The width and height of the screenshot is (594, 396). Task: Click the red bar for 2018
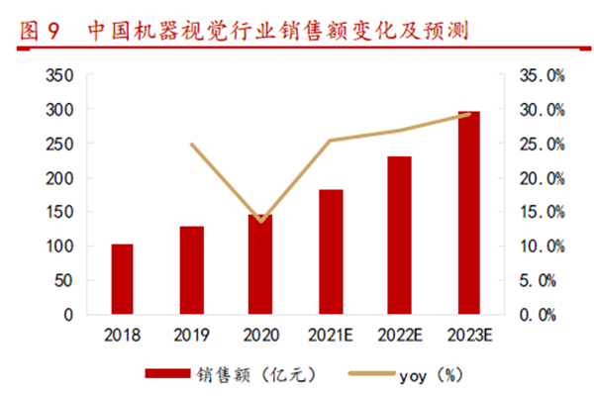tap(122, 279)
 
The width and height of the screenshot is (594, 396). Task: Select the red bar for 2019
tap(191, 270)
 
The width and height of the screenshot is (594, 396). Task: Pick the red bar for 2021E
tap(331, 251)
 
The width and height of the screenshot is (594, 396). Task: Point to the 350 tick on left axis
tap(60, 75)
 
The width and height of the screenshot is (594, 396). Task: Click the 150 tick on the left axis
tap(60, 212)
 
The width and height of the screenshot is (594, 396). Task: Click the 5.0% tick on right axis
tap(544, 280)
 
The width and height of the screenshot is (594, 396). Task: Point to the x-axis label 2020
tap(260, 336)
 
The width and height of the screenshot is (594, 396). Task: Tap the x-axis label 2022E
tap(399, 336)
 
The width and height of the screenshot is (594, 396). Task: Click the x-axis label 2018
tap(122, 336)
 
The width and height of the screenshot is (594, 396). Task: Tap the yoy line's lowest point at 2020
tap(260, 221)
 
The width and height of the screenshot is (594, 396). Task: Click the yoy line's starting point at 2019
tap(191, 145)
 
